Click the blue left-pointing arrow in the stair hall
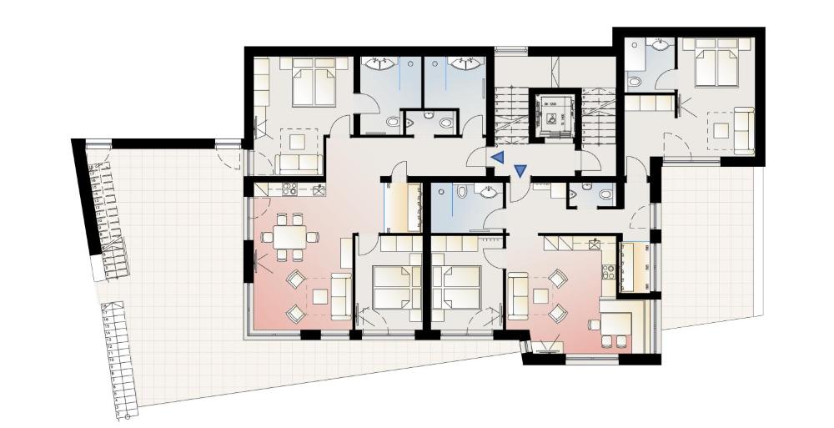497,157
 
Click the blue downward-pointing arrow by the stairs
520,171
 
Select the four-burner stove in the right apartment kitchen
608,272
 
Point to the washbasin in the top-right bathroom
662,44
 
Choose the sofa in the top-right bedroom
744,128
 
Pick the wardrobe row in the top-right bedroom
650,103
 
